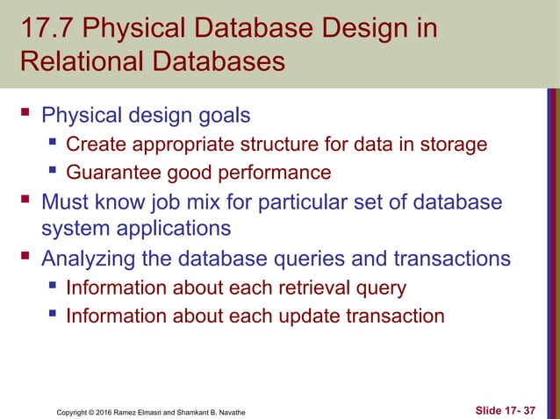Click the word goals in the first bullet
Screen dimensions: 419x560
(x=223, y=116)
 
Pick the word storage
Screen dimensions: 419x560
(x=451, y=144)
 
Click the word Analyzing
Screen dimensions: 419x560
(x=96, y=259)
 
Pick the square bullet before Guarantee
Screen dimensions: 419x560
(x=52, y=172)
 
